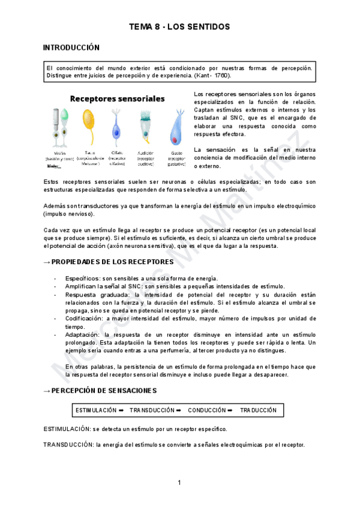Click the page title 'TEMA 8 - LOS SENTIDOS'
click(x=179, y=27)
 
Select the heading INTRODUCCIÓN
click(x=71, y=47)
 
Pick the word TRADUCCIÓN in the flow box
click(x=258, y=410)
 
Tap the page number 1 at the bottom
click(x=179, y=483)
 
